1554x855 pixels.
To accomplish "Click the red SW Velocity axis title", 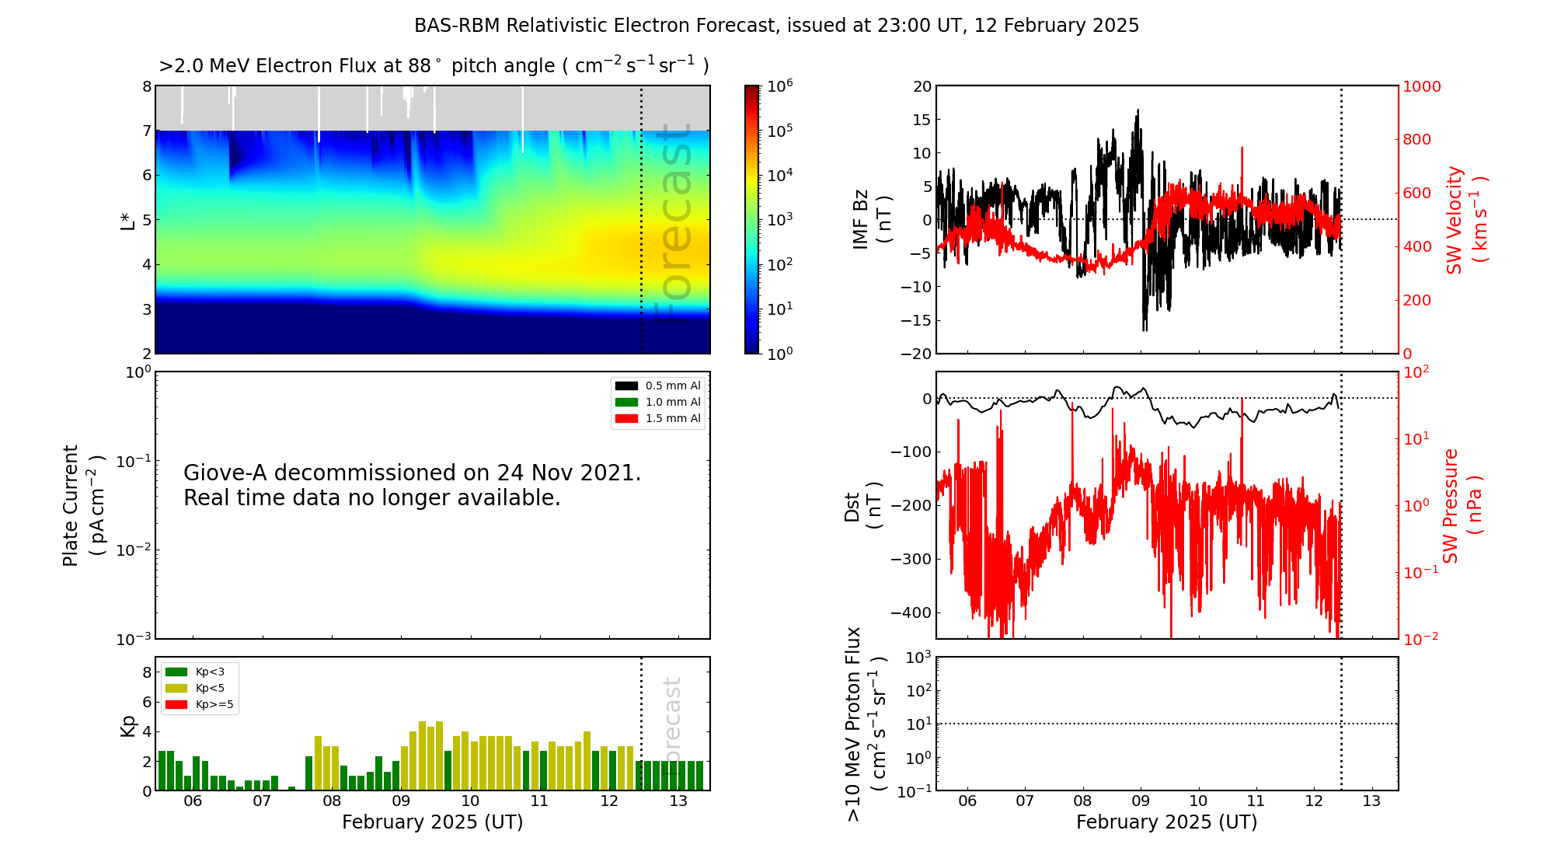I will coord(1465,219).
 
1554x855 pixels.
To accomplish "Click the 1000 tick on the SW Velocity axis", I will coord(1421,86).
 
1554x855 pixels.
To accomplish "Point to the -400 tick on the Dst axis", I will coord(911,612).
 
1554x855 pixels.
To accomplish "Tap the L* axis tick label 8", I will coord(147,86).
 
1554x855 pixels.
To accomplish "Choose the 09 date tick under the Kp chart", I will coord(401,801).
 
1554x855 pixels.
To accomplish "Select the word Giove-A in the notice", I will coord(226,473).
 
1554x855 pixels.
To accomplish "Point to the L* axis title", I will coord(127,220).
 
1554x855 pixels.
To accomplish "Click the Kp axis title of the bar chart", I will coord(127,725).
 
